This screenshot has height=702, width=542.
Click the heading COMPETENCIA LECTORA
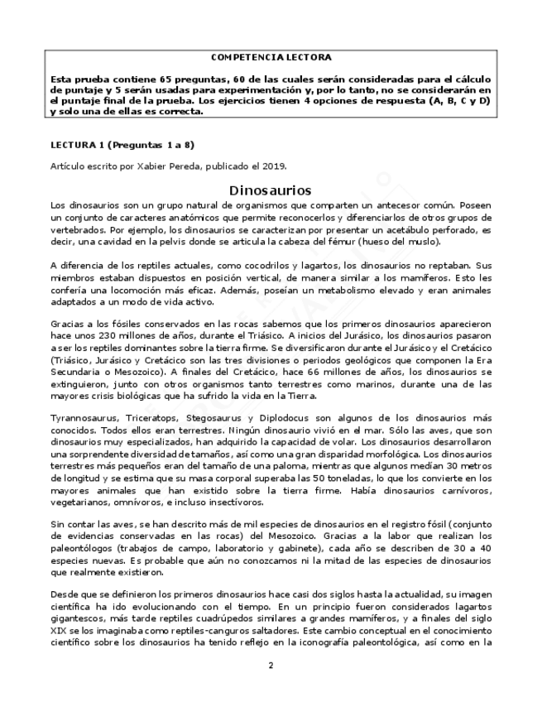(x=271, y=57)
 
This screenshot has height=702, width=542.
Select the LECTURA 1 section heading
(x=122, y=144)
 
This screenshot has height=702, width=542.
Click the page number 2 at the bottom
(x=271, y=665)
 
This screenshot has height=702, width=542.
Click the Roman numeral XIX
(x=59, y=628)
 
